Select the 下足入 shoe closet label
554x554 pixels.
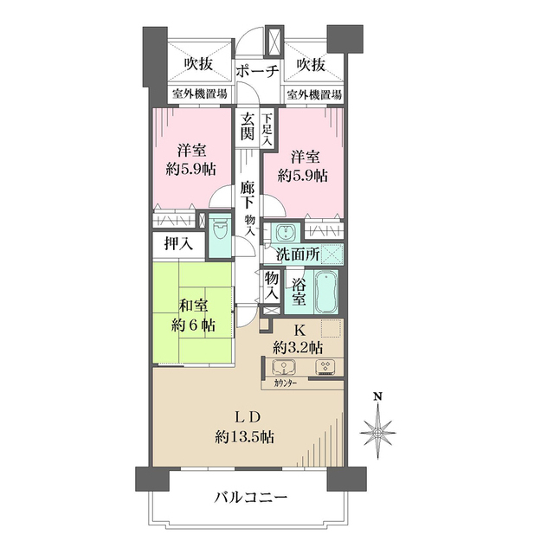(267, 127)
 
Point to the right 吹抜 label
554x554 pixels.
(309, 63)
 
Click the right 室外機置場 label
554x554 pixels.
(313, 94)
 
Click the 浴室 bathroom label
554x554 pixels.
(299, 293)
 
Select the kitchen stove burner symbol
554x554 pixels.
(325, 366)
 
